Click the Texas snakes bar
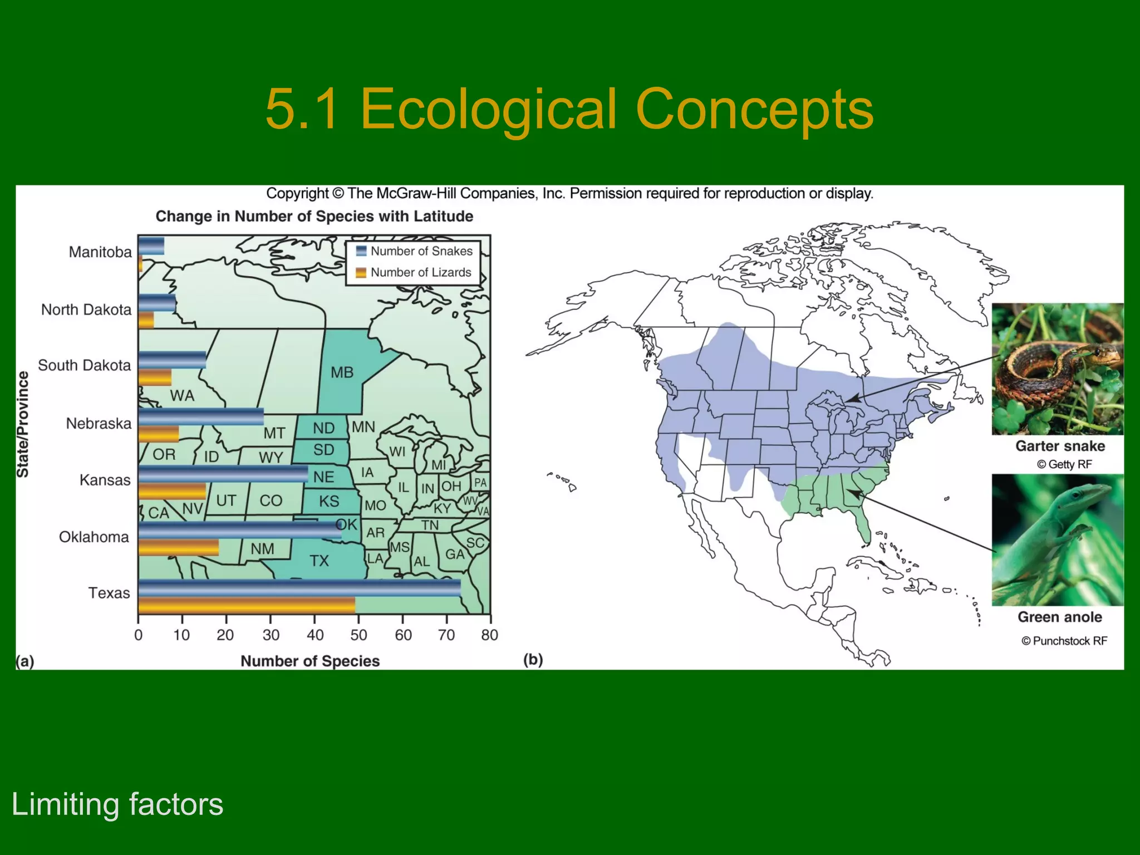click(299, 588)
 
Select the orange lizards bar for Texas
click(247, 606)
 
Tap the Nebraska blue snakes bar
click(201, 416)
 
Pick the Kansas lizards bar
click(172, 492)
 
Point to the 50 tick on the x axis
click(358, 635)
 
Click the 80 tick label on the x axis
click(489, 635)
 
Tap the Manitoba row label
click(100, 252)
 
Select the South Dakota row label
click(85, 365)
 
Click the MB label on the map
click(342, 372)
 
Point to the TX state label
click(320, 561)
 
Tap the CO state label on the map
click(271, 500)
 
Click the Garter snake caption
click(1060, 446)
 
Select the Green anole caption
click(1060, 617)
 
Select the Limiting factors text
click(117, 804)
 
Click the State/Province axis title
click(22, 424)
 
